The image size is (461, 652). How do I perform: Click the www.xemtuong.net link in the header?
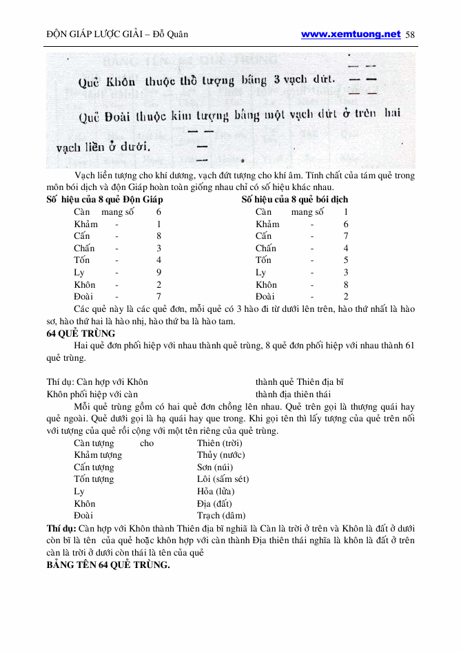(351, 34)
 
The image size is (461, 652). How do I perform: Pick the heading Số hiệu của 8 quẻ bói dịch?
(295, 200)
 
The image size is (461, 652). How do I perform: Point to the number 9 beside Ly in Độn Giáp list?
(158, 273)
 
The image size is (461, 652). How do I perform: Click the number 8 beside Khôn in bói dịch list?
(346, 284)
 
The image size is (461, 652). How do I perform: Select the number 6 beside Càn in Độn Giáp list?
(158, 212)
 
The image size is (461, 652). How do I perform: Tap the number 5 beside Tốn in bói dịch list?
(346, 260)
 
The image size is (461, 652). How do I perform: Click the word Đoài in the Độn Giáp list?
(84, 297)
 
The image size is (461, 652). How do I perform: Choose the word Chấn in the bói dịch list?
(266, 249)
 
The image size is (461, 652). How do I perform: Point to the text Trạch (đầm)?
(221, 516)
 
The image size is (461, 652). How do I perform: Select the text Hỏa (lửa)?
(216, 492)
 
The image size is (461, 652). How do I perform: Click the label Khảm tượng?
(98, 455)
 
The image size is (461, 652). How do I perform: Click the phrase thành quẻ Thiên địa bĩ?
(299, 381)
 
